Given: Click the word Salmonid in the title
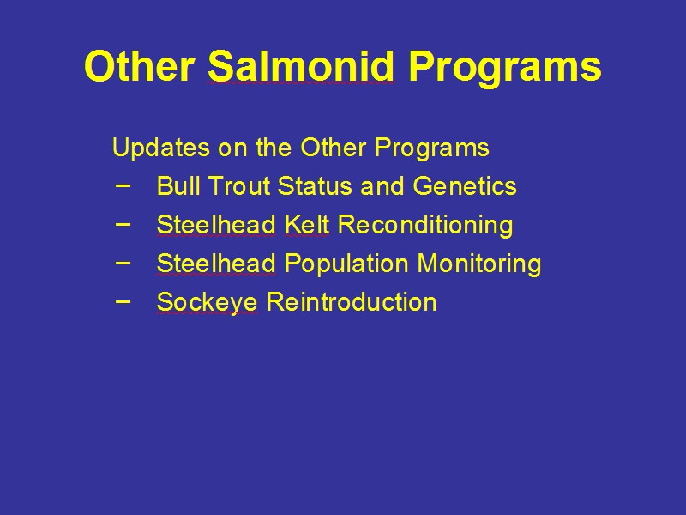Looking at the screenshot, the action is (x=301, y=66).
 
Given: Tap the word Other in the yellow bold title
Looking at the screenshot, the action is (x=140, y=66).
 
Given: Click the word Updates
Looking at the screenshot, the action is (x=161, y=148).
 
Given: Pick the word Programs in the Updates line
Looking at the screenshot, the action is (x=432, y=148).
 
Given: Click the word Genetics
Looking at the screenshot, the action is (x=465, y=185).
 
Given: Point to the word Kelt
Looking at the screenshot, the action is (x=306, y=224).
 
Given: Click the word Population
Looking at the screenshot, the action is (x=346, y=264).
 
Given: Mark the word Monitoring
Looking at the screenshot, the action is (x=479, y=264).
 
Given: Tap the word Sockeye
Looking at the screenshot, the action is (x=207, y=303).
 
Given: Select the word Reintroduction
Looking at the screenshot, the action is (x=352, y=302).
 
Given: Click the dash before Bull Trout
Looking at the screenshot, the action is (x=123, y=185).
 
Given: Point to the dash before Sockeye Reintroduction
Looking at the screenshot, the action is (x=123, y=301).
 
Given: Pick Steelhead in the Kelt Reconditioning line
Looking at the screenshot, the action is (x=216, y=224).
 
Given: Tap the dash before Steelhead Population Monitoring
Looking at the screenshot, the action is (x=123, y=263).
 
